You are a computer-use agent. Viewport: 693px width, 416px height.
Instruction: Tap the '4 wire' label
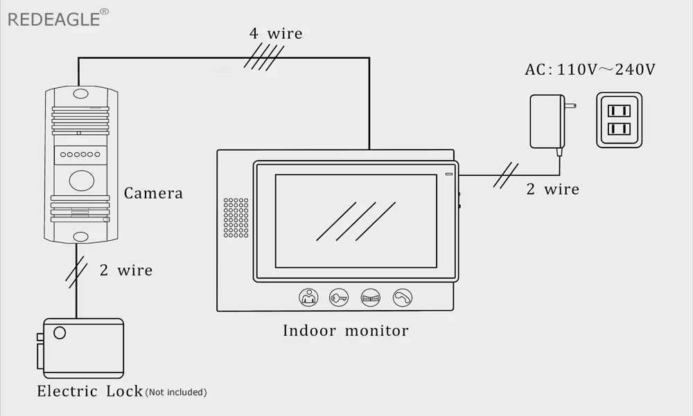(276, 33)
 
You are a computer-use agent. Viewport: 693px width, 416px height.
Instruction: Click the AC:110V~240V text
(590, 70)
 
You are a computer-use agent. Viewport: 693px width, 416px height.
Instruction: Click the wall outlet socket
(619, 120)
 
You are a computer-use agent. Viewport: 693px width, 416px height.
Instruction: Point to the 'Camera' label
(153, 193)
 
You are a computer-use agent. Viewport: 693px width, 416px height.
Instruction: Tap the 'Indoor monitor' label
(345, 331)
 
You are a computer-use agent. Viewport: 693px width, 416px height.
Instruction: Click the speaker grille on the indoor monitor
(235, 218)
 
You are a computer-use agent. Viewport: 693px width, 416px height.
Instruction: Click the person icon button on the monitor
(308, 298)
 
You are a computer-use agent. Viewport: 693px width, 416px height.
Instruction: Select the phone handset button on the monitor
(402, 298)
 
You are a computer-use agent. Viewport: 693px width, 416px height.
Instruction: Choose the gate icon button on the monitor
(371, 298)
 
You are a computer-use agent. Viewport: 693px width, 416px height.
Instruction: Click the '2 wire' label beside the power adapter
(552, 189)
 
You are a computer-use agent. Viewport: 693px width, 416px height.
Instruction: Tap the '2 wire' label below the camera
(125, 270)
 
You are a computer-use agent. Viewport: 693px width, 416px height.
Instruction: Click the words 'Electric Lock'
(89, 391)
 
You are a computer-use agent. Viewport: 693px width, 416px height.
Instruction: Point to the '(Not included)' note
(176, 392)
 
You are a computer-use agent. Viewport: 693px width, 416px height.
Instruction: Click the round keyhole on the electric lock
(60, 333)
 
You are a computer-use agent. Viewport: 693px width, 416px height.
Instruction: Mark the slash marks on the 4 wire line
(264, 57)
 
